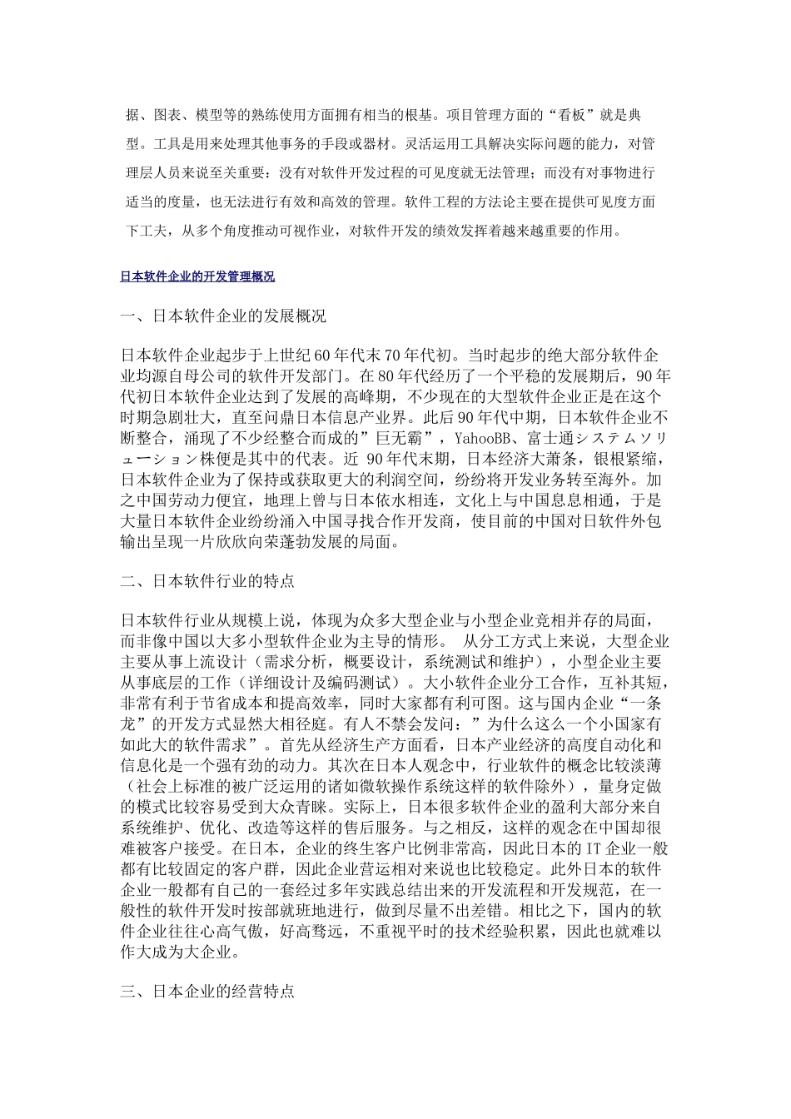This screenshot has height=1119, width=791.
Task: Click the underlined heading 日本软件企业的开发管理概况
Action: tap(197, 276)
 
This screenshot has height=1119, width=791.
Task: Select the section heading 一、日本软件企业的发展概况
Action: tap(223, 317)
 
